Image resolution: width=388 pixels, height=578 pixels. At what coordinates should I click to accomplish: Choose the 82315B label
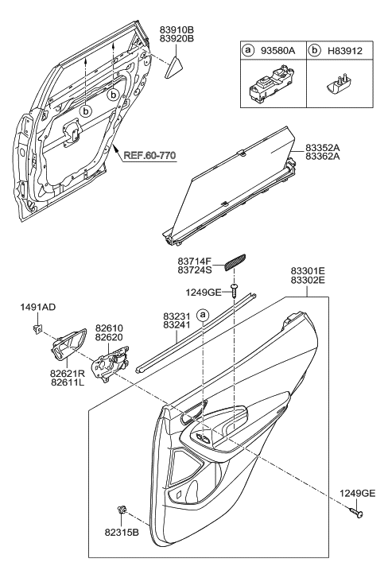coord(121,530)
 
